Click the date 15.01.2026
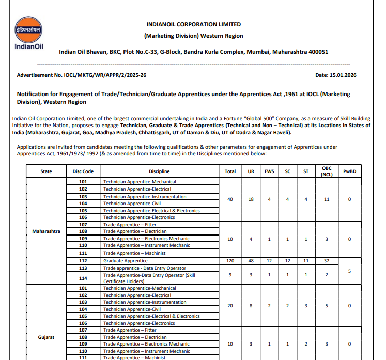[x=343, y=75]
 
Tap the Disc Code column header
[x=83, y=171]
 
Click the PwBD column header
[x=350, y=171]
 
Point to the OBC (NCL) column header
[x=327, y=171]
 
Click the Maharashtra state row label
[x=46, y=231]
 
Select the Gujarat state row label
[x=46, y=337]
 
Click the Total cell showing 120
[x=230, y=261]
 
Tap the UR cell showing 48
[x=251, y=261]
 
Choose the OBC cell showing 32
[x=327, y=261]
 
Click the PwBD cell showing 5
[x=350, y=271]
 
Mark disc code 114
[x=83, y=278]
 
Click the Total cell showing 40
[x=230, y=199]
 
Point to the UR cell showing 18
[x=251, y=199]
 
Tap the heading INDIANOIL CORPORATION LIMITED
[x=194, y=24]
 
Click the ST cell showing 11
[x=306, y=261]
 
